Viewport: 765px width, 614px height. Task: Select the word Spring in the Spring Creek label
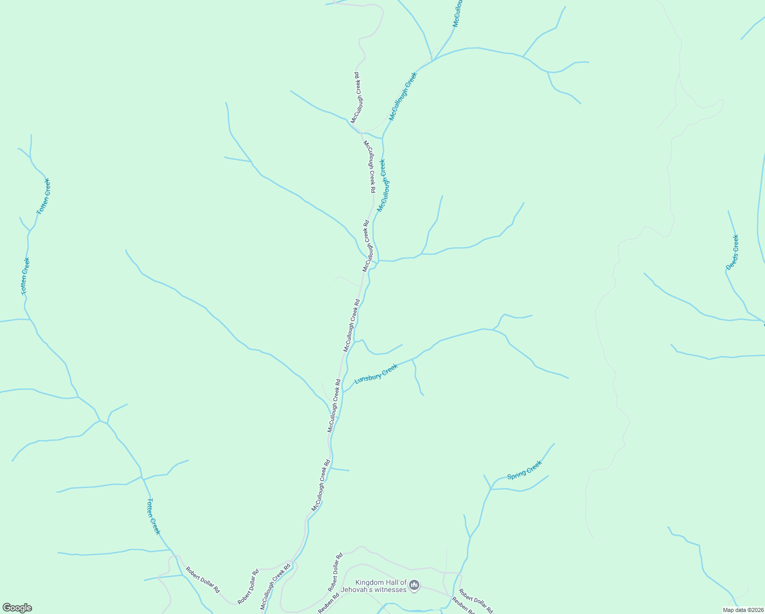tap(516, 474)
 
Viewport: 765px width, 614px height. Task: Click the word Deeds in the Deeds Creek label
tap(730, 262)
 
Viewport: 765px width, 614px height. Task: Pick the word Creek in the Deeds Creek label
tap(735, 243)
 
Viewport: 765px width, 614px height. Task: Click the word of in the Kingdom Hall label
tap(403, 582)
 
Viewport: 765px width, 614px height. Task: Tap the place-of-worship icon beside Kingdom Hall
tap(415, 585)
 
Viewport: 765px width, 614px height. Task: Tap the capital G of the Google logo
tap(6, 608)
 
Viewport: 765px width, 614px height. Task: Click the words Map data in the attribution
tap(734, 610)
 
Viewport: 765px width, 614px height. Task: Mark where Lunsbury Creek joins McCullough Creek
tap(343, 392)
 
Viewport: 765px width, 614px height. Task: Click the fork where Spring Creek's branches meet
tap(491, 489)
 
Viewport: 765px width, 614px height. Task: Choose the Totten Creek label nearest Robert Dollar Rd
tap(153, 516)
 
